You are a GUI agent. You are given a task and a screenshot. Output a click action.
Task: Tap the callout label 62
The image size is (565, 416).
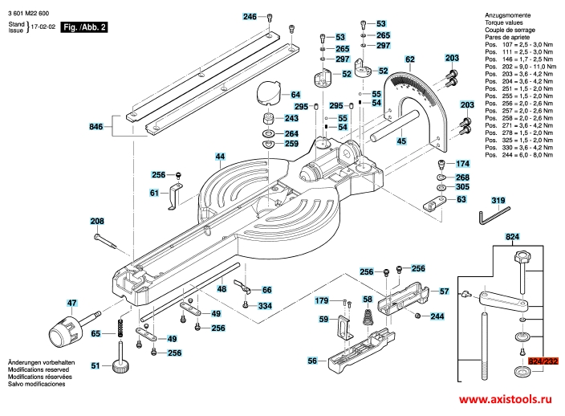click(x=409, y=59)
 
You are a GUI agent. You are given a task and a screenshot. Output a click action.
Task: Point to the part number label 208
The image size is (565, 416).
click(x=97, y=221)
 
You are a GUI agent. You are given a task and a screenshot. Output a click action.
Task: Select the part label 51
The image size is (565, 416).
click(x=96, y=366)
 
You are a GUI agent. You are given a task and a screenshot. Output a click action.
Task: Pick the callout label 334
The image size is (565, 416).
click(x=265, y=306)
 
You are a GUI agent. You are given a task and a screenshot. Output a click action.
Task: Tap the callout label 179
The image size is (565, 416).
click(x=322, y=300)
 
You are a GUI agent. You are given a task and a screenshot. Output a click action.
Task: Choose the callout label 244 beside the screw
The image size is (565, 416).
click(x=437, y=317)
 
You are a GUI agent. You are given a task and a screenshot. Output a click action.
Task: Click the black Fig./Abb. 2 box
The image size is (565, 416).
click(x=84, y=27)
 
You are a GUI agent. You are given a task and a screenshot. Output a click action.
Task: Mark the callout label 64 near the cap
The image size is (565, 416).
click(x=295, y=94)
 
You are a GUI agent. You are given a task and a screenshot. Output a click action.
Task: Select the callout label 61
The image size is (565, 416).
click(x=154, y=193)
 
